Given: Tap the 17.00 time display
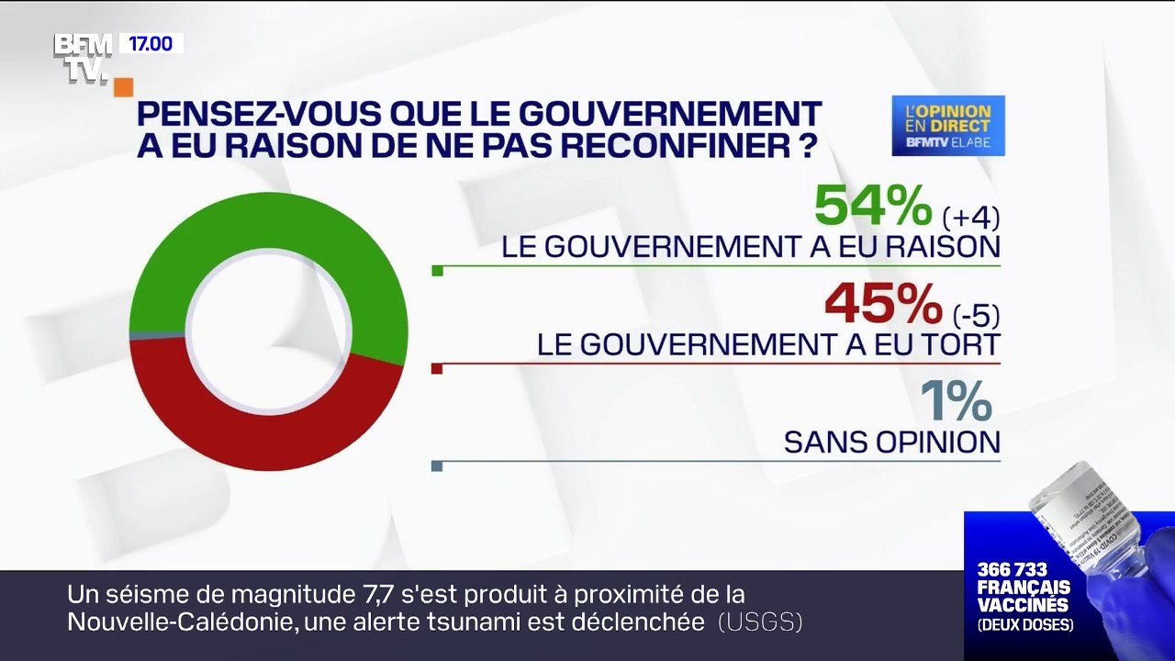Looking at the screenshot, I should (x=151, y=43).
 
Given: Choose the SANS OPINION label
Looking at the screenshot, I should (x=891, y=443).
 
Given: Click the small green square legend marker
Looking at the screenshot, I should (x=437, y=271).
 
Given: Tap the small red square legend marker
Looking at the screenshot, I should (x=437, y=369).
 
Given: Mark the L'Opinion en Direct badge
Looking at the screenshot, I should (x=948, y=126).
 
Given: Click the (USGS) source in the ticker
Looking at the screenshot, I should (x=760, y=622).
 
